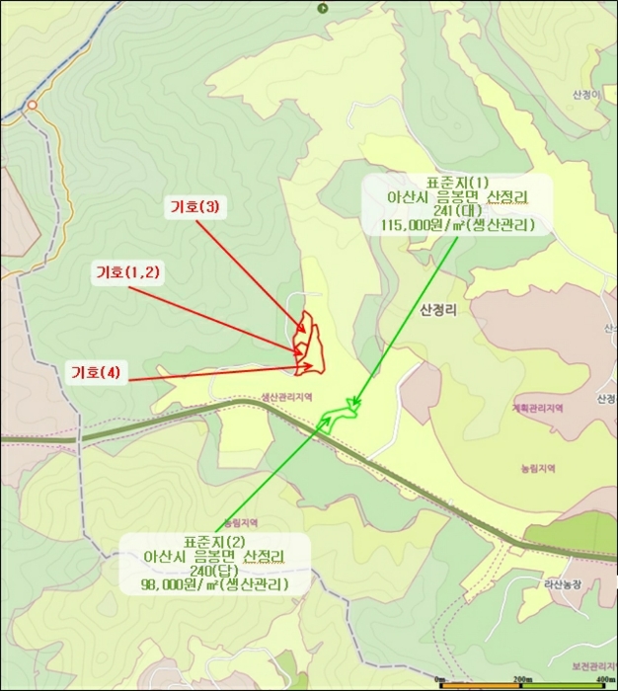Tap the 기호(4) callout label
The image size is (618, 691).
click(96, 372)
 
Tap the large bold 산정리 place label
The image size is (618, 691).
click(438, 309)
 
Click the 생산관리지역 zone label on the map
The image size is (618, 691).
click(286, 397)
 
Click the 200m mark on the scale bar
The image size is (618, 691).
click(522, 681)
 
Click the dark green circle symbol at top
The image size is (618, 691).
click(322, 8)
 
